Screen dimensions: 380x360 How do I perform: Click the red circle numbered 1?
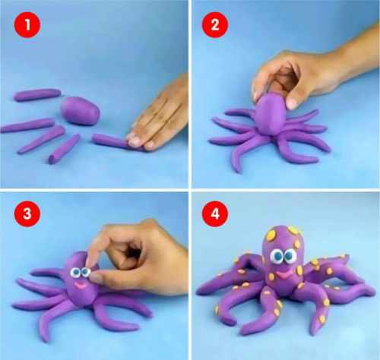(x=27, y=25)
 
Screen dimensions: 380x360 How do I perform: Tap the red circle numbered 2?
(x=215, y=25)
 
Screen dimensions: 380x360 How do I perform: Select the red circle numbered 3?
(x=27, y=214)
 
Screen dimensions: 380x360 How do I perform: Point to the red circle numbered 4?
(x=215, y=214)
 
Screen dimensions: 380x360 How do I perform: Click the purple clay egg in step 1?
(x=80, y=111)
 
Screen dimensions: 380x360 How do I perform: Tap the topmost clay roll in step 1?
(x=37, y=95)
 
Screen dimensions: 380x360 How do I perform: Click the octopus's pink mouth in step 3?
(x=81, y=286)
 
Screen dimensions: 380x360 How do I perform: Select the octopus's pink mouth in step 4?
(x=282, y=275)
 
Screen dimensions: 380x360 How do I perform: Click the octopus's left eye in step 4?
(x=277, y=256)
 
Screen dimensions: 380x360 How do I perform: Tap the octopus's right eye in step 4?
(x=290, y=255)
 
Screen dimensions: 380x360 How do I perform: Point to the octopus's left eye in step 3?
(x=75, y=273)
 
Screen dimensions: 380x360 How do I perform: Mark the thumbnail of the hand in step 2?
(x=291, y=103)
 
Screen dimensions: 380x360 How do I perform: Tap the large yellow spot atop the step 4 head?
(x=271, y=235)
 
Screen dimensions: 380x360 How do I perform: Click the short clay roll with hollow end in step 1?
(x=64, y=149)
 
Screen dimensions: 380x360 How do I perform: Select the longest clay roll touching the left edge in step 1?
(x=27, y=125)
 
